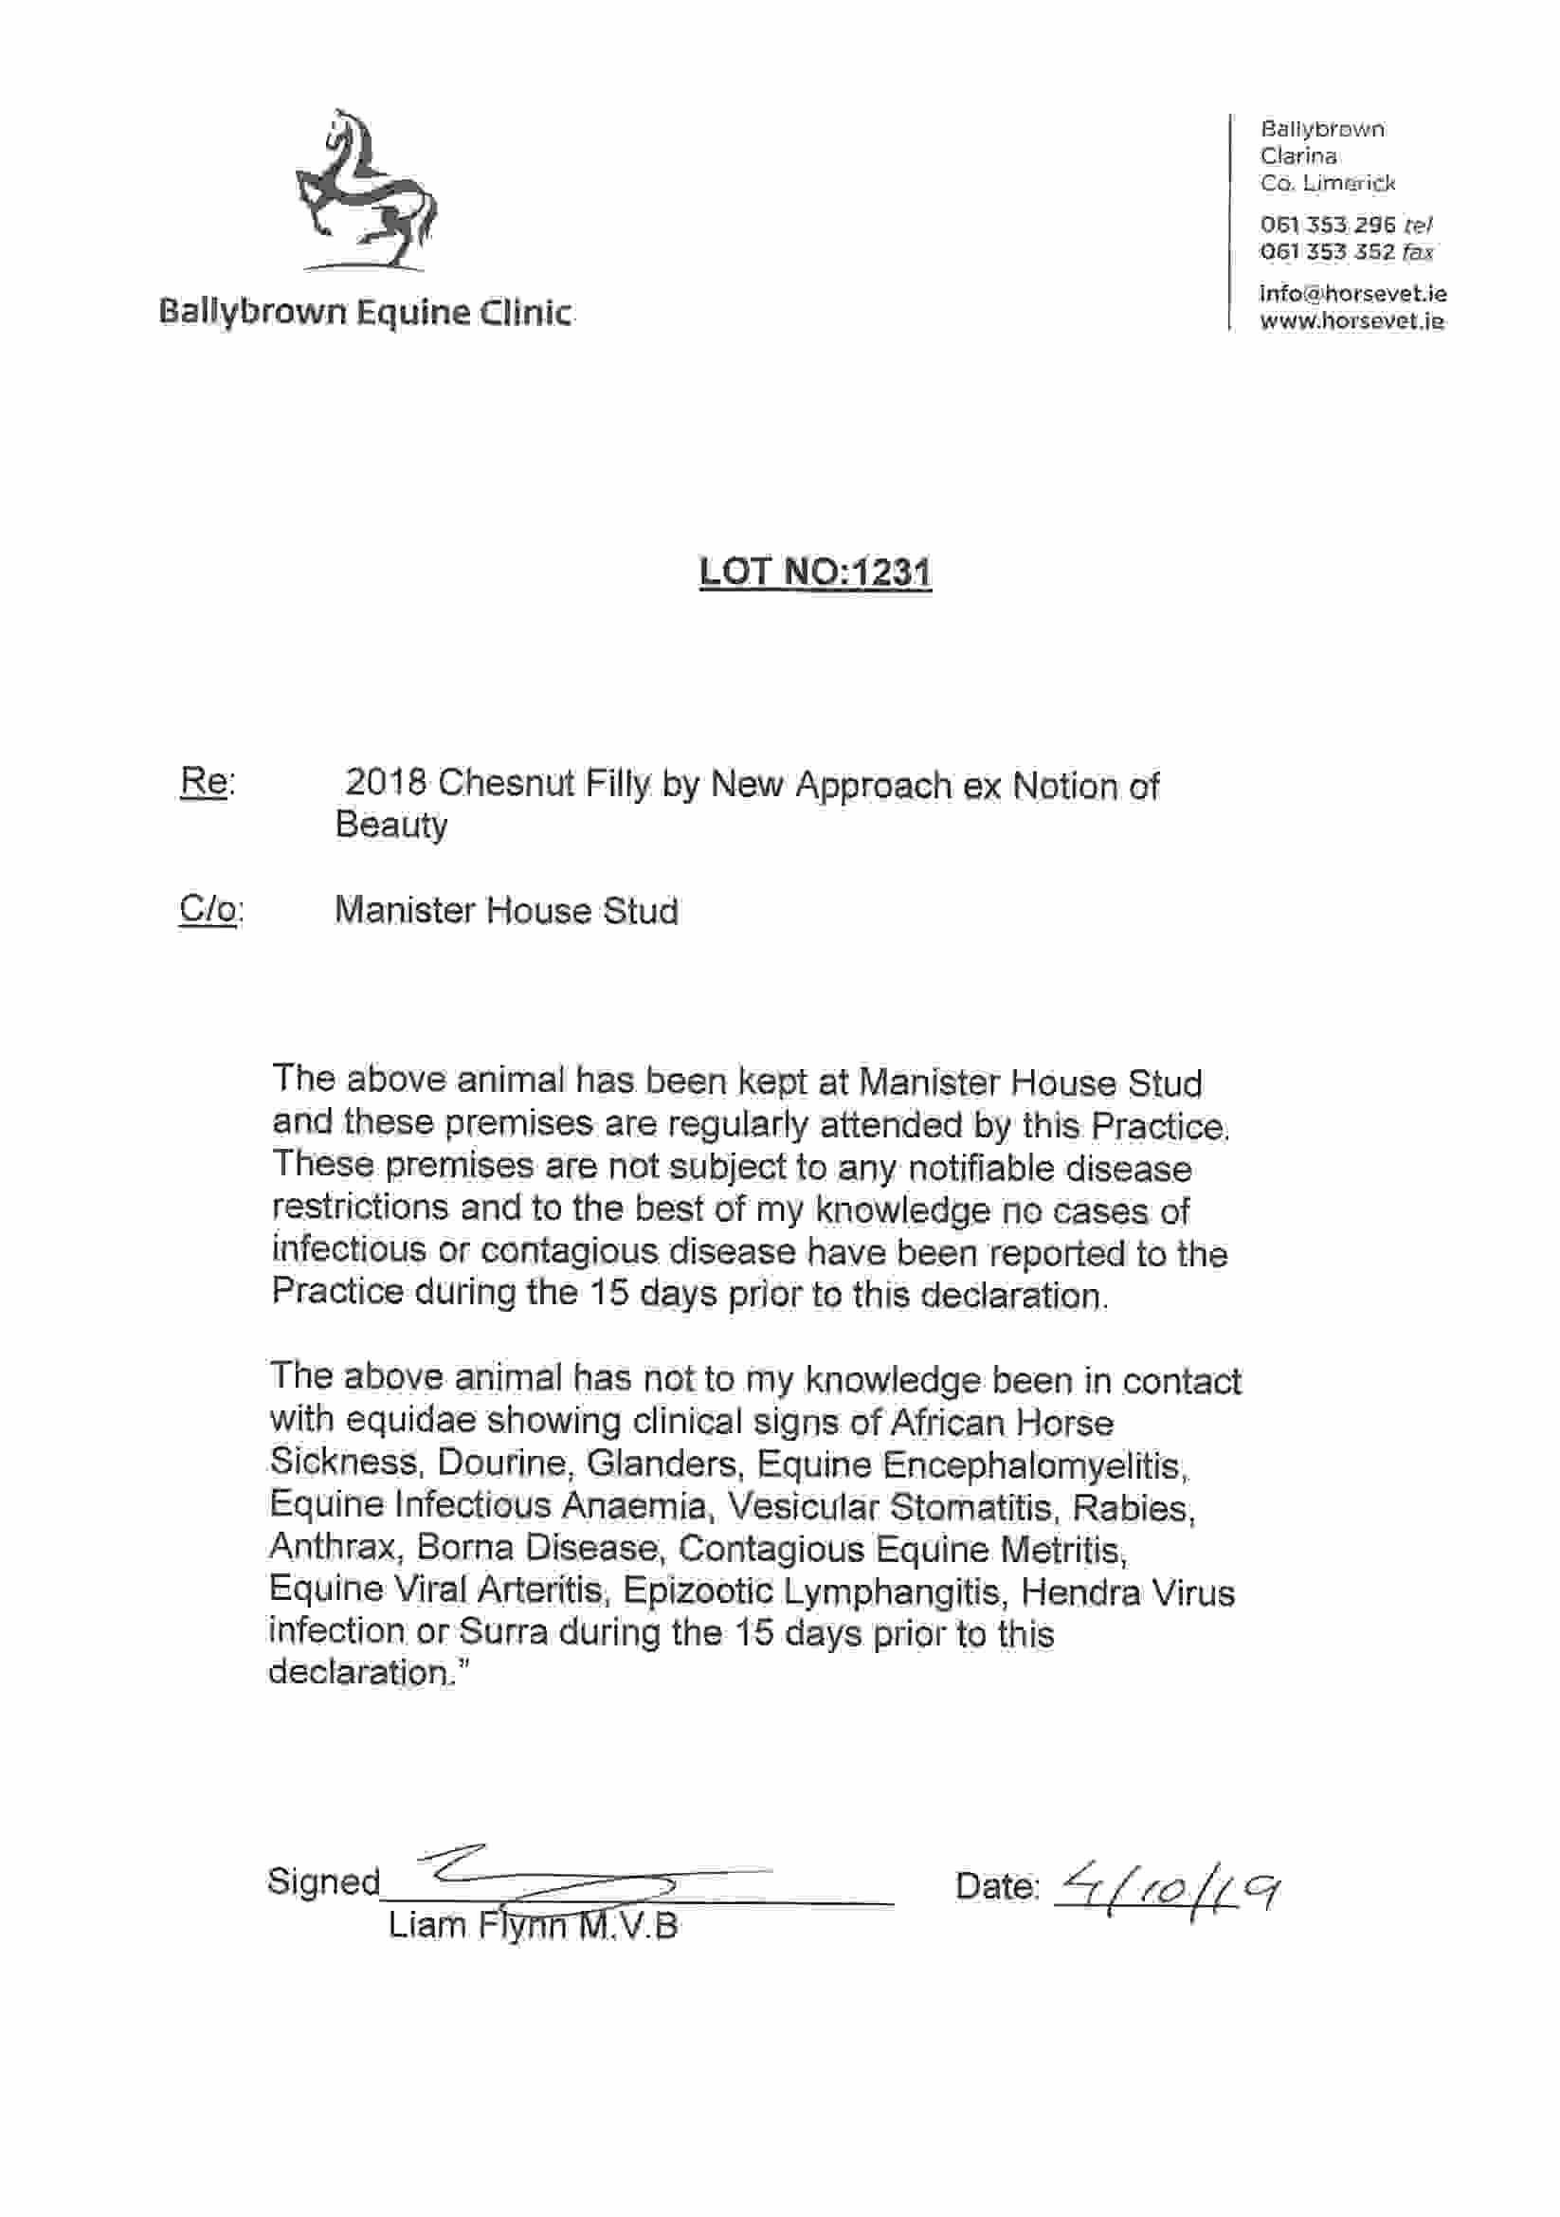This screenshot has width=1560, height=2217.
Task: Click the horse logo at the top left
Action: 365,190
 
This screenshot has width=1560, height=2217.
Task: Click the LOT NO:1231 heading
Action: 815,572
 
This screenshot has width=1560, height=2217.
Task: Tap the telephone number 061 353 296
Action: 1328,225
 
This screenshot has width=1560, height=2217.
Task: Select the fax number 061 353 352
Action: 1328,252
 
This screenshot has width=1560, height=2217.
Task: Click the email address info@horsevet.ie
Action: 1351,294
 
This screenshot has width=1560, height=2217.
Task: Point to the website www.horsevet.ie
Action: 1351,321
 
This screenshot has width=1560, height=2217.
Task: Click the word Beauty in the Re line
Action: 391,826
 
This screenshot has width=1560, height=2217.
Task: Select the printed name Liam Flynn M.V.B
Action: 533,1925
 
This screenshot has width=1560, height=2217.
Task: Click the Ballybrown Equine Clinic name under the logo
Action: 365,312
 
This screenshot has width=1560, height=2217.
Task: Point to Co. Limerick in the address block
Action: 1328,183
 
